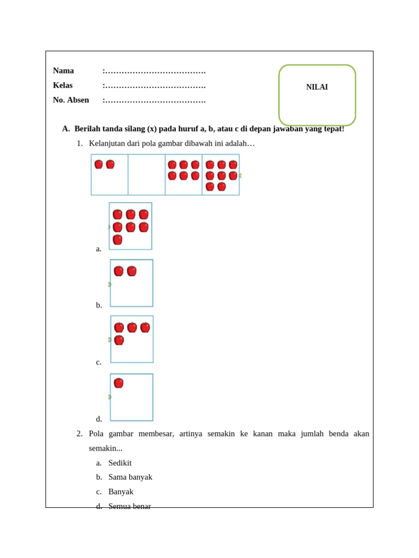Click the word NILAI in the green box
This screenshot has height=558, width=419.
point(317,87)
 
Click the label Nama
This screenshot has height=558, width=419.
point(63,71)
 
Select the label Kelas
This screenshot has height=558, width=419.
point(63,86)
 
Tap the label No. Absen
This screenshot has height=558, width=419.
point(71,100)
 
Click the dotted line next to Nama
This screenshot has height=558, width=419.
point(155,71)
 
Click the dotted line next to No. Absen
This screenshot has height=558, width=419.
point(155,101)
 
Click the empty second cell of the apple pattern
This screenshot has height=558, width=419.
point(146,174)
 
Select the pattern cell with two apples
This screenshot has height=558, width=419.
point(110,174)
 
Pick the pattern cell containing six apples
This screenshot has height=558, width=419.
point(183,174)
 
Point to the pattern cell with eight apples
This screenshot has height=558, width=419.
point(220,174)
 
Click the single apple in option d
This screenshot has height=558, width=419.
point(118,383)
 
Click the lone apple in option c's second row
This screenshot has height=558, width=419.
point(119,340)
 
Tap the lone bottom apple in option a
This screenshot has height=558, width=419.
point(117,240)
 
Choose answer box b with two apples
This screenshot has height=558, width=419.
point(131,283)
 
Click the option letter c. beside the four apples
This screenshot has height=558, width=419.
point(99,362)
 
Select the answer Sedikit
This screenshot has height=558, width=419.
point(120,463)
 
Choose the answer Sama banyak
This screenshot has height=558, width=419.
point(130,477)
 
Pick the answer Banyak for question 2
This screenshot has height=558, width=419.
point(121,492)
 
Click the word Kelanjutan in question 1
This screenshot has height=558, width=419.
point(108,143)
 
